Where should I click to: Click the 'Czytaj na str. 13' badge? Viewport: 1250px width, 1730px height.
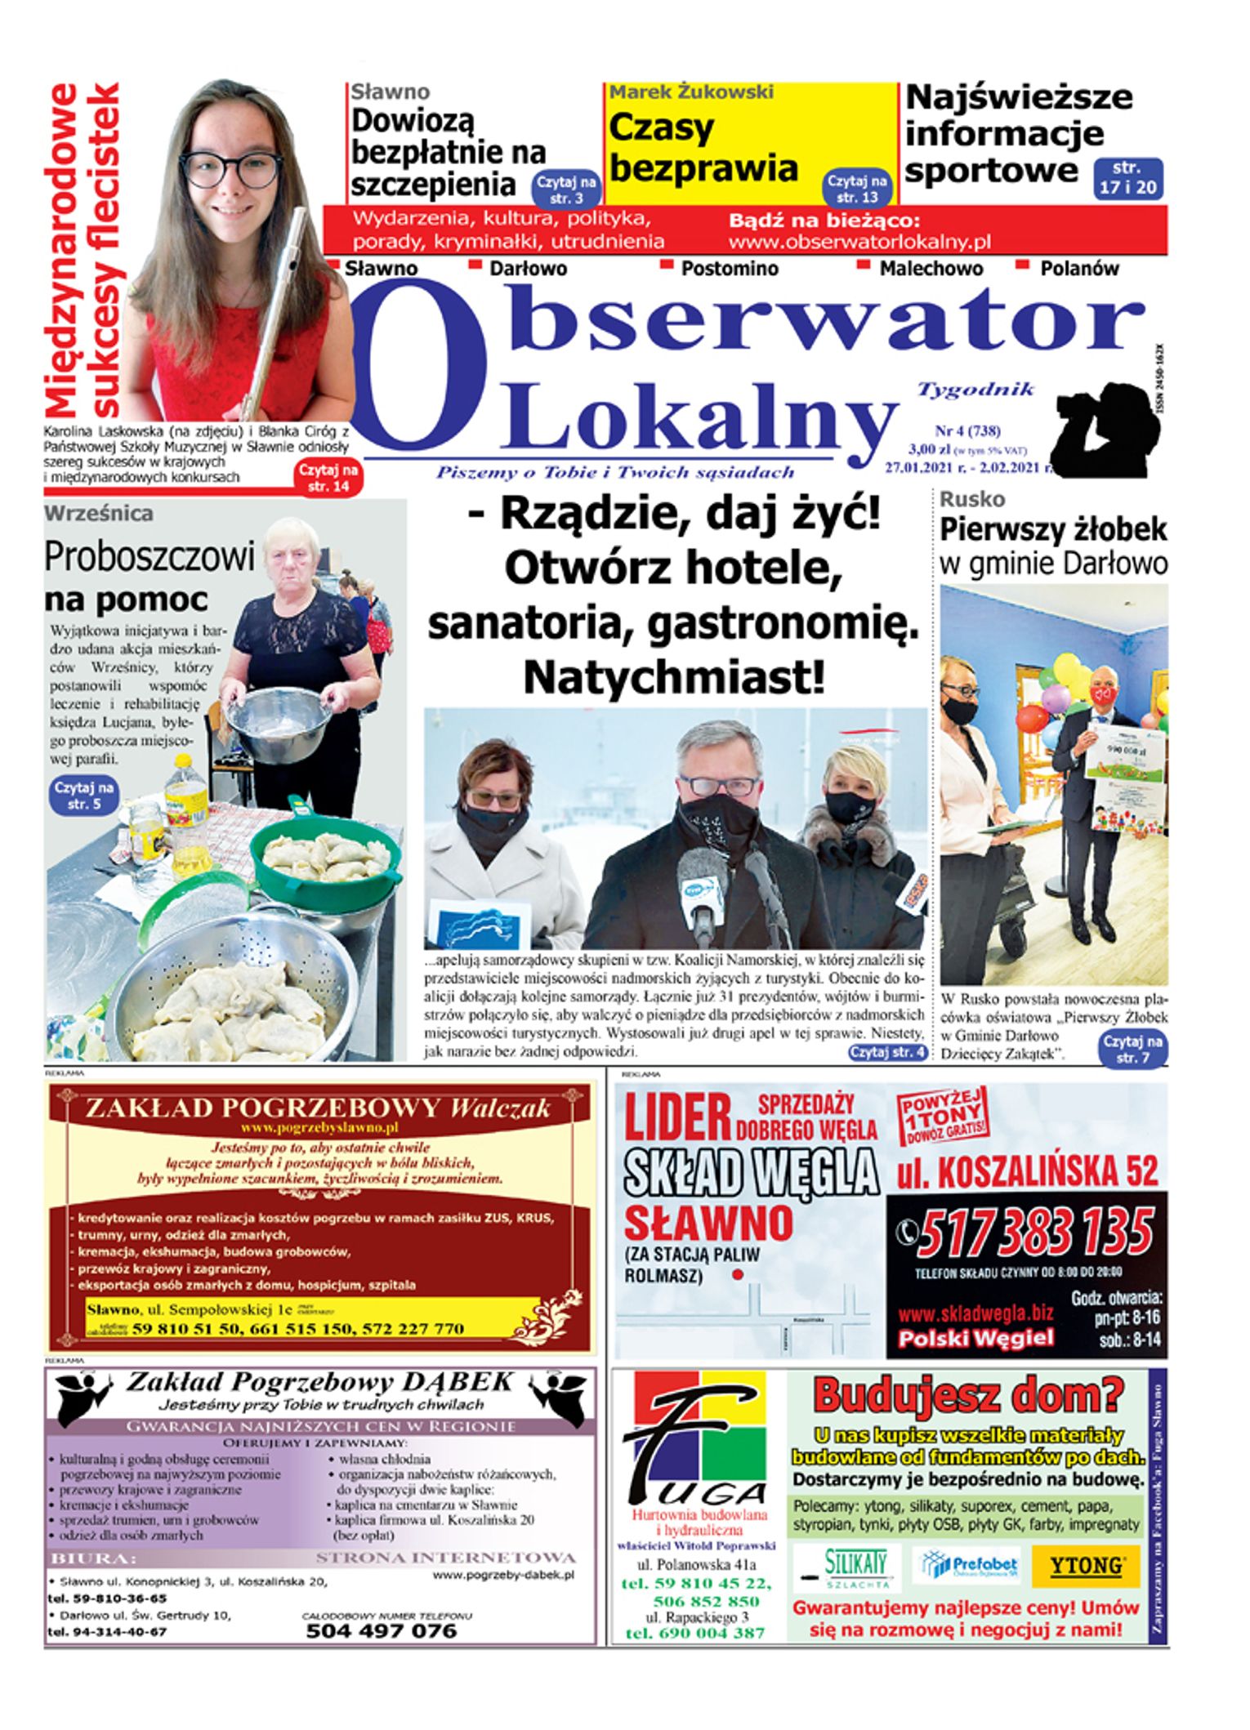point(857,189)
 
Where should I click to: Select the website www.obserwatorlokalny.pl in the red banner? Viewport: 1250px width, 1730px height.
point(859,242)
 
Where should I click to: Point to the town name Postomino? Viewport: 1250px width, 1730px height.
point(729,269)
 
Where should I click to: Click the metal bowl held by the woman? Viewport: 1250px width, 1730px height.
point(279,724)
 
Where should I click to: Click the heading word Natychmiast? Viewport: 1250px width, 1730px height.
point(674,676)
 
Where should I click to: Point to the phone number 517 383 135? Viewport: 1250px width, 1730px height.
point(1036,1233)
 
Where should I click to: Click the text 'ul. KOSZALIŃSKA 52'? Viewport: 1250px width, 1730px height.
point(1027,1172)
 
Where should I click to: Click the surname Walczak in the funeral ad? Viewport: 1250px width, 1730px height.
point(500,1108)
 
